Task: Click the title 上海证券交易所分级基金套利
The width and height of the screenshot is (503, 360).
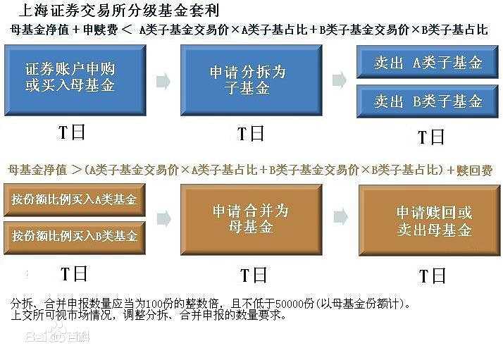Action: (119, 11)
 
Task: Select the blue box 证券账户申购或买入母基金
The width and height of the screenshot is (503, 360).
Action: (75, 80)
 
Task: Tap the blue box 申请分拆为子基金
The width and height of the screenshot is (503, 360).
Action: (252, 80)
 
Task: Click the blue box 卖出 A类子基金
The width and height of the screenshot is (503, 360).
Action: (428, 62)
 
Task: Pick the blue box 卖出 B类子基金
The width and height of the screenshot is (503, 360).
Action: (428, 101)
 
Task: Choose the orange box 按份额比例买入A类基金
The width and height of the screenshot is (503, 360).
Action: (75, 200)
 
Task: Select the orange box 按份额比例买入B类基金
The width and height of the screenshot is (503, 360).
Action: (75, 237)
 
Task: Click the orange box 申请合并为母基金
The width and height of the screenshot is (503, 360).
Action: (252, 220)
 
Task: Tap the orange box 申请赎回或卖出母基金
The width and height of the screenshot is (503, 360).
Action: (430, 221)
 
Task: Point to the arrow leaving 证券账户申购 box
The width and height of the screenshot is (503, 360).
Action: (163, 81)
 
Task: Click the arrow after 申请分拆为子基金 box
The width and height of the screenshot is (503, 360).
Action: (340, 80)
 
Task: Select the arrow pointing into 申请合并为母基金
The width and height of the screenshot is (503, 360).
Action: (164, 220)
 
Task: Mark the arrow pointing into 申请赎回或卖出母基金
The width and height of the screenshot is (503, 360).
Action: (341, 217)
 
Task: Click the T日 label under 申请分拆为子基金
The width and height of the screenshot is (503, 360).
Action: (251, 133)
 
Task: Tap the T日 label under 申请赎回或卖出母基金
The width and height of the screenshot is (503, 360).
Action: (432, 276)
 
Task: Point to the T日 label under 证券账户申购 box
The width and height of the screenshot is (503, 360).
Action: (72, 132)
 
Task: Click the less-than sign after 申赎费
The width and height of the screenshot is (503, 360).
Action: (127, 30)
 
